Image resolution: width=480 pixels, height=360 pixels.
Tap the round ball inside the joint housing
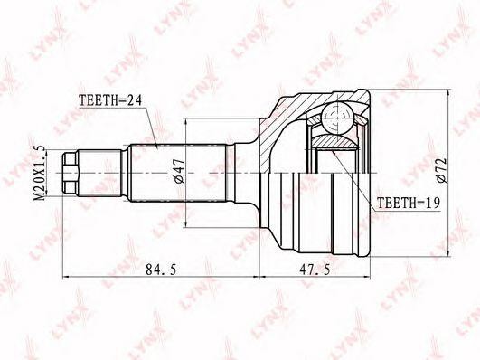[x=336, y=115]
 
